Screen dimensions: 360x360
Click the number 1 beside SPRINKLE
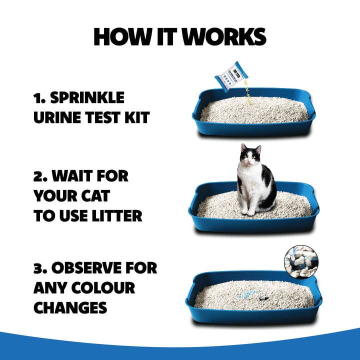[x=37, y=97]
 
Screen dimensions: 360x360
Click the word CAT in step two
[x=104, y=196]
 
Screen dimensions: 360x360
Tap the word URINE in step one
[x=55, y=118]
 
